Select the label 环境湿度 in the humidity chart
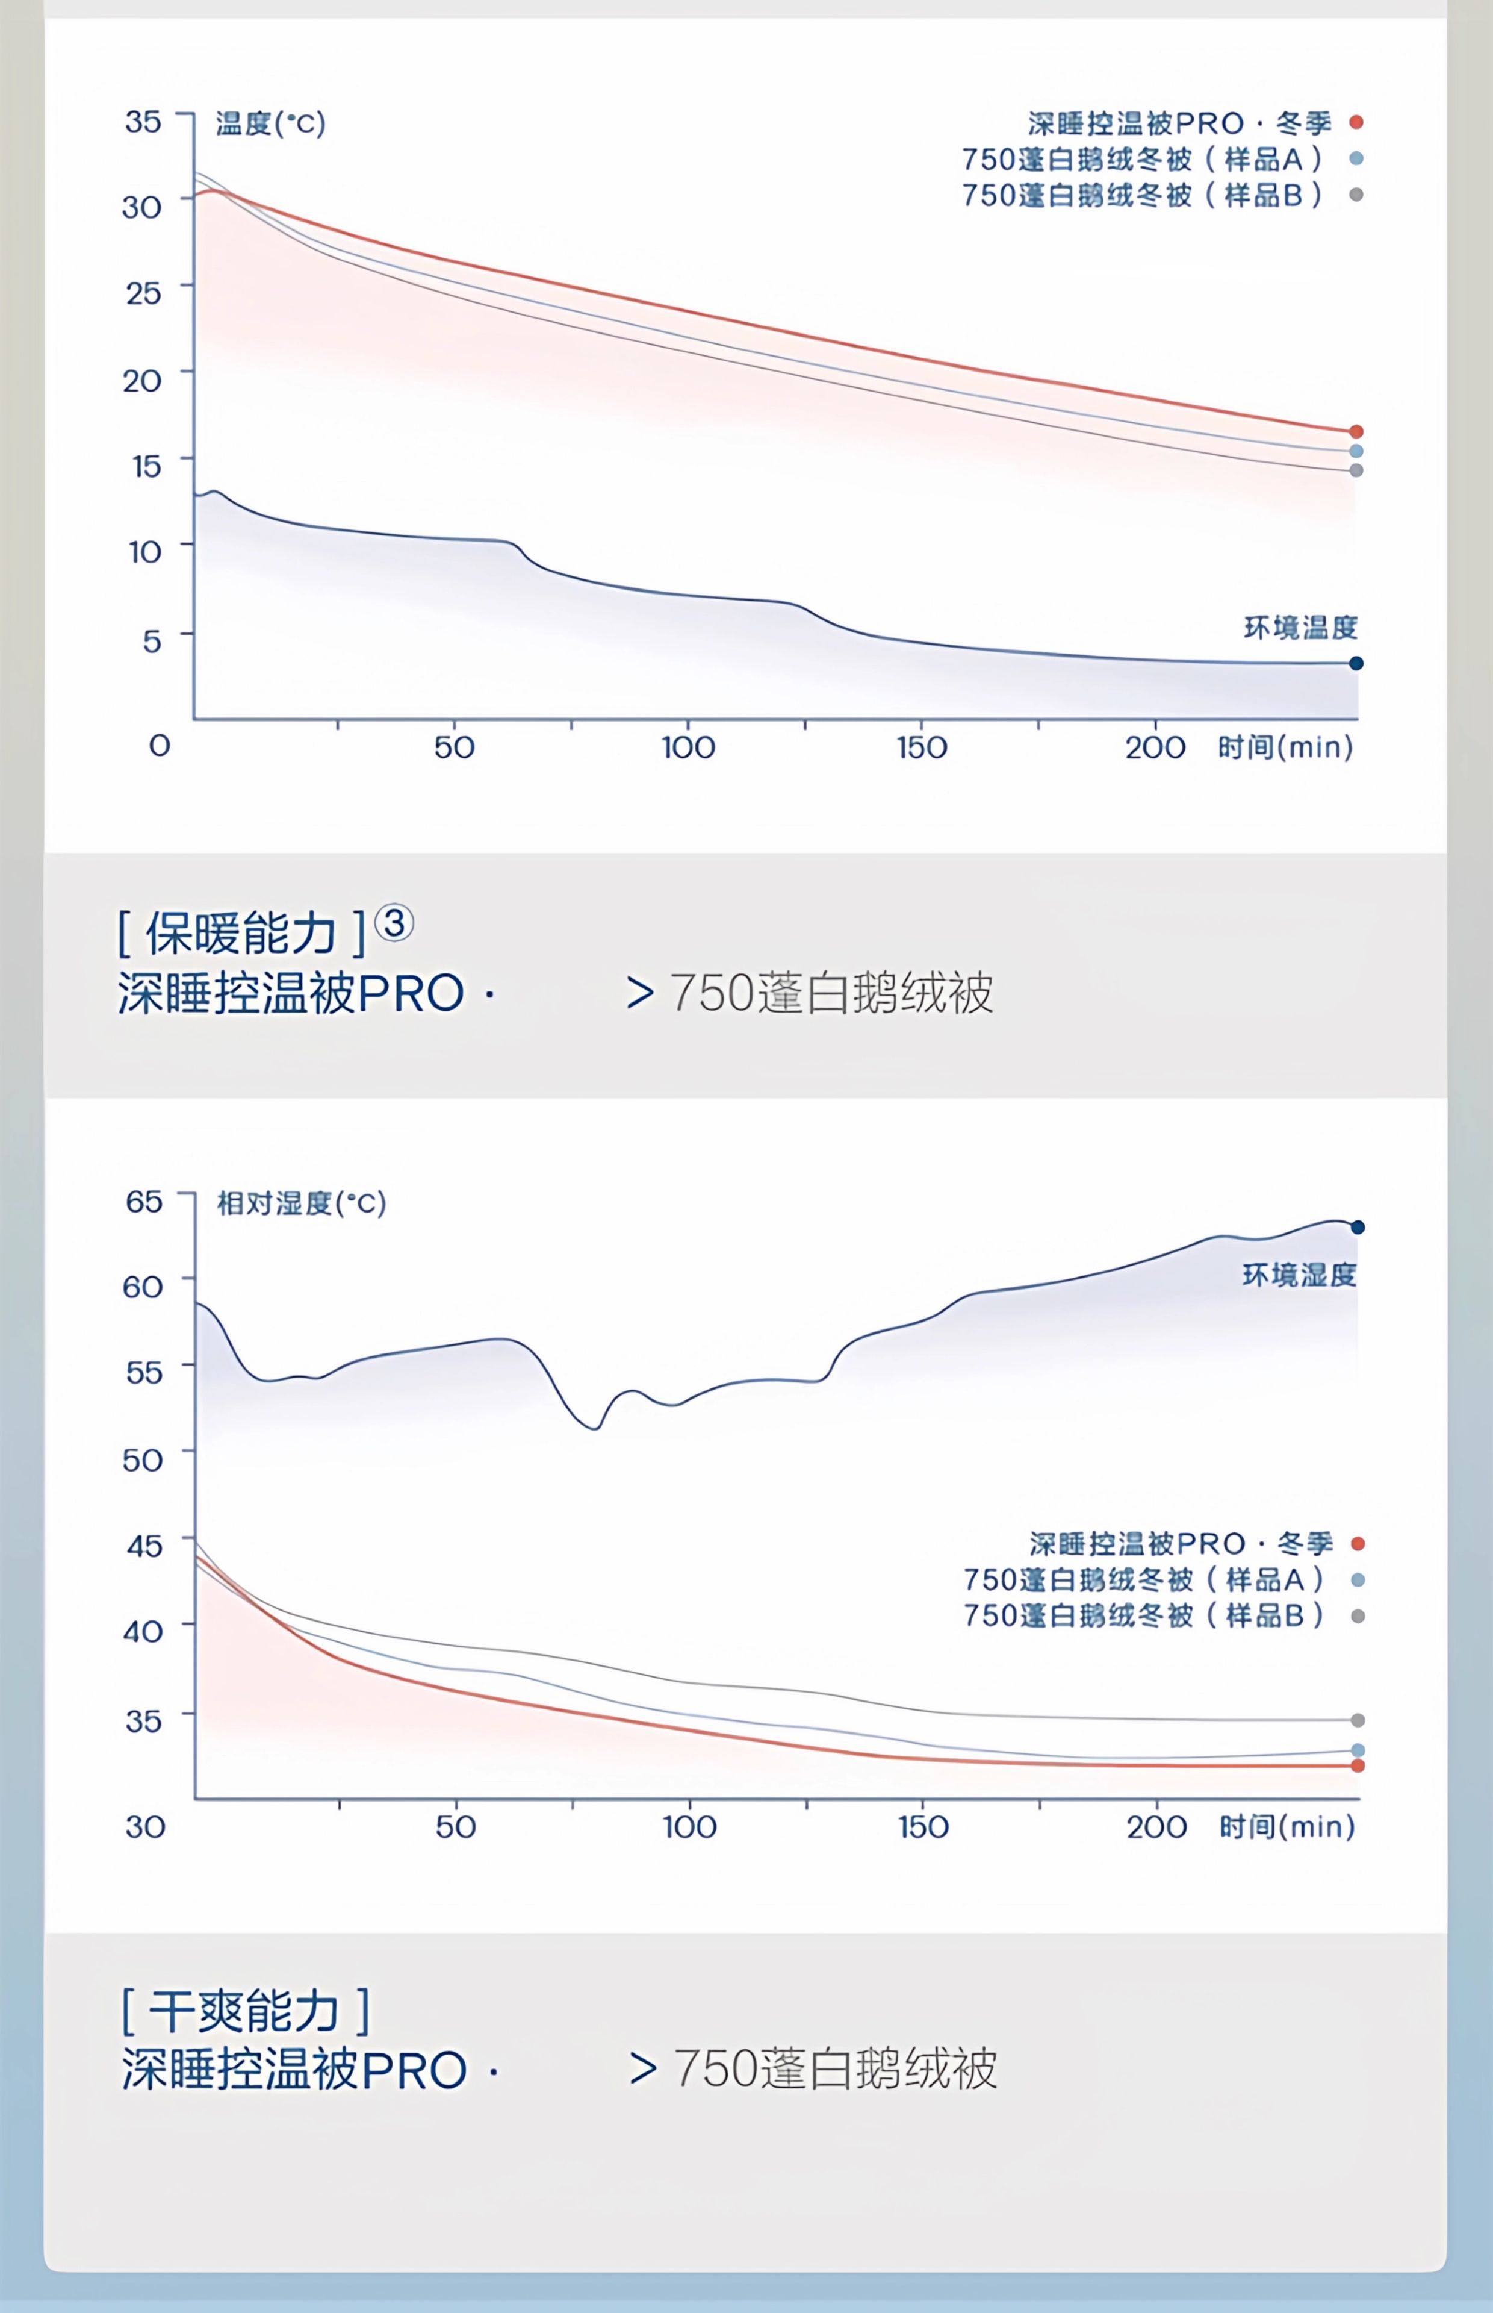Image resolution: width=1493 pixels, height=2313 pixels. (x=1299, y=1275)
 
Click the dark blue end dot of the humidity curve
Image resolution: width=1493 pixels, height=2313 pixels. (x=1358, y=1227)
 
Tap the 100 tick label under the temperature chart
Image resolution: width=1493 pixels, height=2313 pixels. (x=688, y=748)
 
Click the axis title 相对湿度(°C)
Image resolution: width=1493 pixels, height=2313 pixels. (x=302, y=1203)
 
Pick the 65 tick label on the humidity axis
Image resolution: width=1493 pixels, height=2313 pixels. (x=143, y=1202)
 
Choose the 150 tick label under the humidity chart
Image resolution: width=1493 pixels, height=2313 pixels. (x=923, y=1827)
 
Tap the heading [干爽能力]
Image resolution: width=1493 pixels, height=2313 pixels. (x=245, y=2011)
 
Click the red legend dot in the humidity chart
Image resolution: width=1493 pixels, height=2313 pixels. (x=1358, y=1544)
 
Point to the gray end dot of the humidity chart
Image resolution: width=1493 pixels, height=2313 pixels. (x=1358, y=1720)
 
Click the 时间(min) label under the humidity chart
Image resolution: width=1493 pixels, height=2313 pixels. (x=1287, y=1827)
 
